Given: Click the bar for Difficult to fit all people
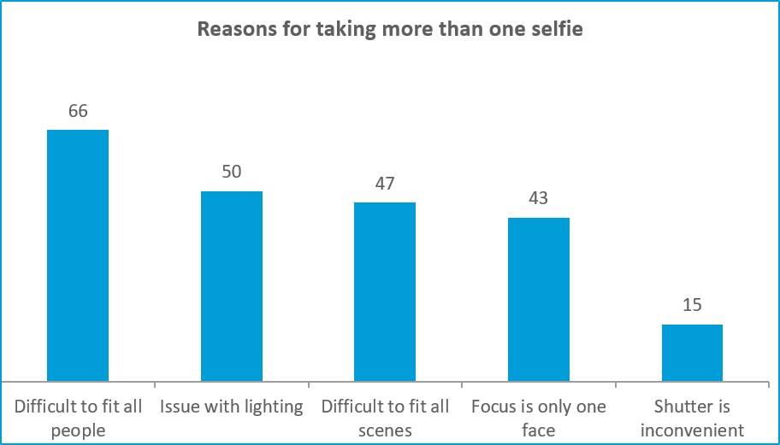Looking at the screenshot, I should [x=78, y=255].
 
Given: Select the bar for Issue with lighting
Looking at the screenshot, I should [x=232, y=286].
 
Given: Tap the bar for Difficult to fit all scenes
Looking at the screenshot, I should [x=385, y=291].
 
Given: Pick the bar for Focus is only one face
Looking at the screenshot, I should [x=539, y=299].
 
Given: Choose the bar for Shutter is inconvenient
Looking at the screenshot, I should [x=692, y=353].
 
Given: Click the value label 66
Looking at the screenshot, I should [x=78, y=111].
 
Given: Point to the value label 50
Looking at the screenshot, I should [x=232, y=172].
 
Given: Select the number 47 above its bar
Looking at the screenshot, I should [x=385, y=183].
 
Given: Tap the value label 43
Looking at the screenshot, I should [x=539, y=198].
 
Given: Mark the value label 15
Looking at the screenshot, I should [x=692, y=305].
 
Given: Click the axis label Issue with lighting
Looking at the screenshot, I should [x=232, y=407].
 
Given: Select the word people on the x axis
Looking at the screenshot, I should [x=78, y=430].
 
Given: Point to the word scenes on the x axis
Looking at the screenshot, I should [x=385, y=430].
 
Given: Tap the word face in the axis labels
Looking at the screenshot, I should [x=539, y=430].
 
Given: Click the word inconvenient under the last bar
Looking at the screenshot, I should [x=692, y=430].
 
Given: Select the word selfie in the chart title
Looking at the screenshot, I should [x=557, y=29].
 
